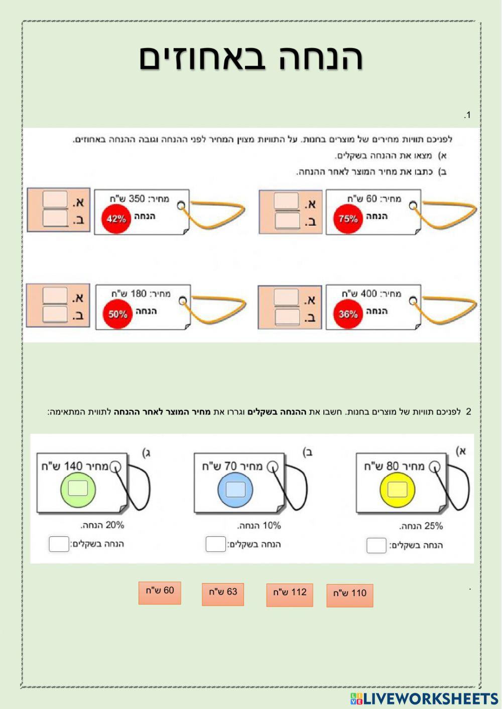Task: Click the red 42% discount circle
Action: (116, 219)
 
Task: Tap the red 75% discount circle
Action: (348, 219)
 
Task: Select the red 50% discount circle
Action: (117, 315)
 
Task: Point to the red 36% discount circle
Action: (348, 315)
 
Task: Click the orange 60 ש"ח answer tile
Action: (160, 592)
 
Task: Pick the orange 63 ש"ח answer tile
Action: (223, 593)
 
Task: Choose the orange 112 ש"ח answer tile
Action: (290, 594)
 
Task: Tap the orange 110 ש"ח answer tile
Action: (350, 595)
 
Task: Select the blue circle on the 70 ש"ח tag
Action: (235, 489)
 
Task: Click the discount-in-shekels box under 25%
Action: (376, 545)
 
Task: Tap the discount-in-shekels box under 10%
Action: (216, 544)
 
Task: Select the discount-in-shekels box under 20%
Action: (59, 544)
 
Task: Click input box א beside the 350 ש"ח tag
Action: (55, 200)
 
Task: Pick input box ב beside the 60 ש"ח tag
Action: (287, 221)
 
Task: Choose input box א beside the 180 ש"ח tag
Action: (55, 296)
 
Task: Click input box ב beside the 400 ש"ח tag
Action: (287, 317)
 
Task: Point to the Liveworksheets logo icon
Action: (356, 698)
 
